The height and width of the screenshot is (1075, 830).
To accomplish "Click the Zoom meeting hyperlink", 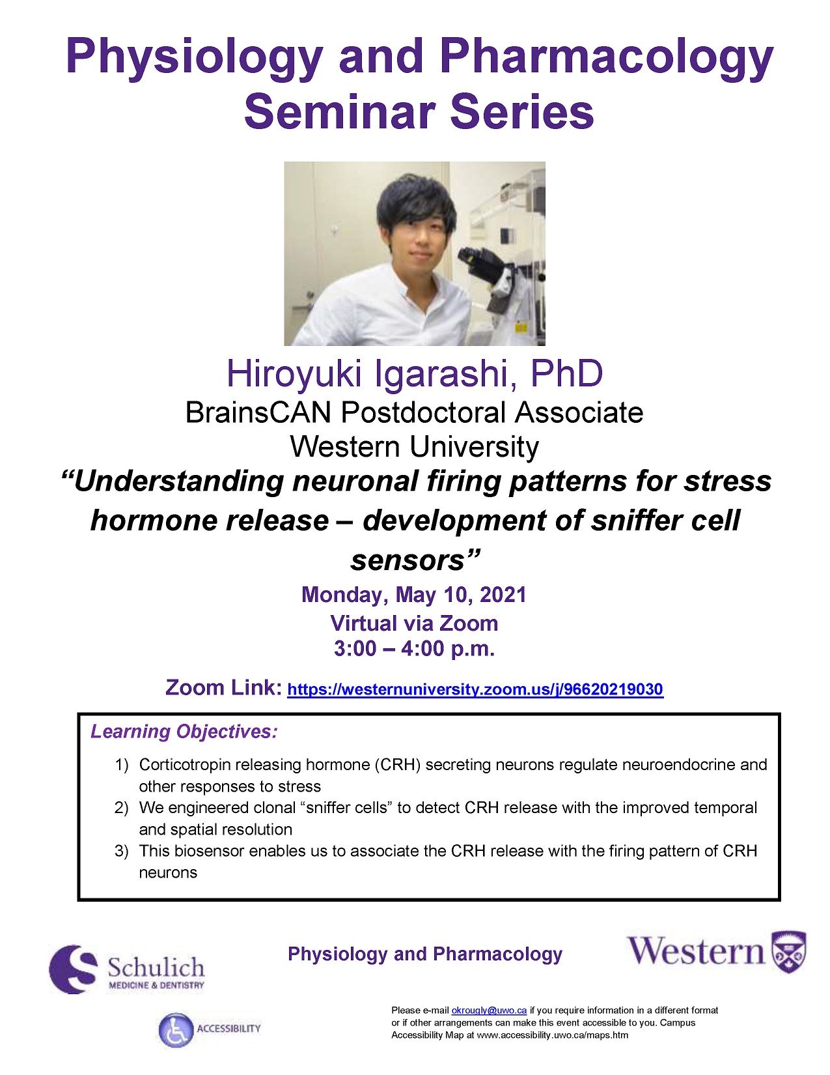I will (x=475, y=690).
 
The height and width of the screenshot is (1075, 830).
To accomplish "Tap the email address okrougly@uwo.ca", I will (x=488, y=1010).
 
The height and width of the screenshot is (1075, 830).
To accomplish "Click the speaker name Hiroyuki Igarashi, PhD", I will (x=414, y=374).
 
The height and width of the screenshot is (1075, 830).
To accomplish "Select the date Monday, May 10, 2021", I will (x=414, y=595).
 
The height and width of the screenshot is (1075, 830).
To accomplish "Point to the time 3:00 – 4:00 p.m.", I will (x=414, y=649).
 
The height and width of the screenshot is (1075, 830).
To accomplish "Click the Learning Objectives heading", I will (x=184, y=732).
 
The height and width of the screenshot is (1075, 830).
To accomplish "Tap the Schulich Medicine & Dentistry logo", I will (x=127, y=969).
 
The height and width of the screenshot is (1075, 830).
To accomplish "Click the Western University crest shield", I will (x=789, y=952).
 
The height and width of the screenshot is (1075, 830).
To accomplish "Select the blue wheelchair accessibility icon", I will (x=176, y=1030).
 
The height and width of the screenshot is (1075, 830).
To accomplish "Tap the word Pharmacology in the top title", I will (x=606, y=57).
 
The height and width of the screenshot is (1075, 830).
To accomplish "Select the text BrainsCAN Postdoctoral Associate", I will (x=414, y=413).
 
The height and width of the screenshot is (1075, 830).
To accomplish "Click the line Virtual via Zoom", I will (x=414, y=623).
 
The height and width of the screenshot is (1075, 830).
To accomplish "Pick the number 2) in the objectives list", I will (x=122, y=809).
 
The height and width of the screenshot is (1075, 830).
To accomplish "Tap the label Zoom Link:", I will (x=223, y=688).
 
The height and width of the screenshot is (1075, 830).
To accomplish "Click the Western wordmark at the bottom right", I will (x=695, y=952).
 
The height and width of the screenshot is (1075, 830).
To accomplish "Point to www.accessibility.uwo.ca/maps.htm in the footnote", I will (x=552, y=1035).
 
